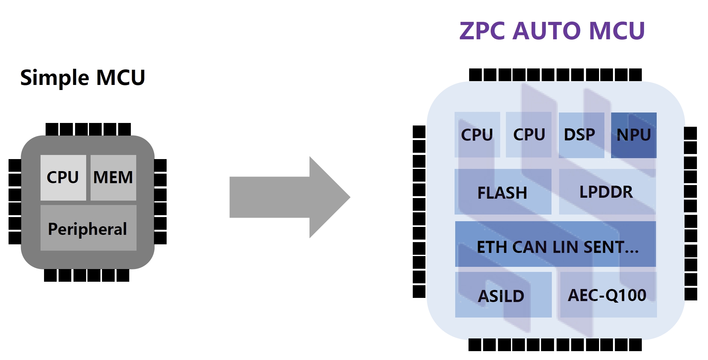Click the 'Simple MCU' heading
[82, 78]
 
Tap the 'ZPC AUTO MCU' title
[552, 31]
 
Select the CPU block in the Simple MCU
[63, 177]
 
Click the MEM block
[113, 177]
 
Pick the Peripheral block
[88, 228]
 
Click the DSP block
[581, 135]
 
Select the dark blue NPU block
[634, 135]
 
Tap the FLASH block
[503, 192]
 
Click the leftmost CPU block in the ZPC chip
[477, 135]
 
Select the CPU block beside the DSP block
[529, 135]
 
